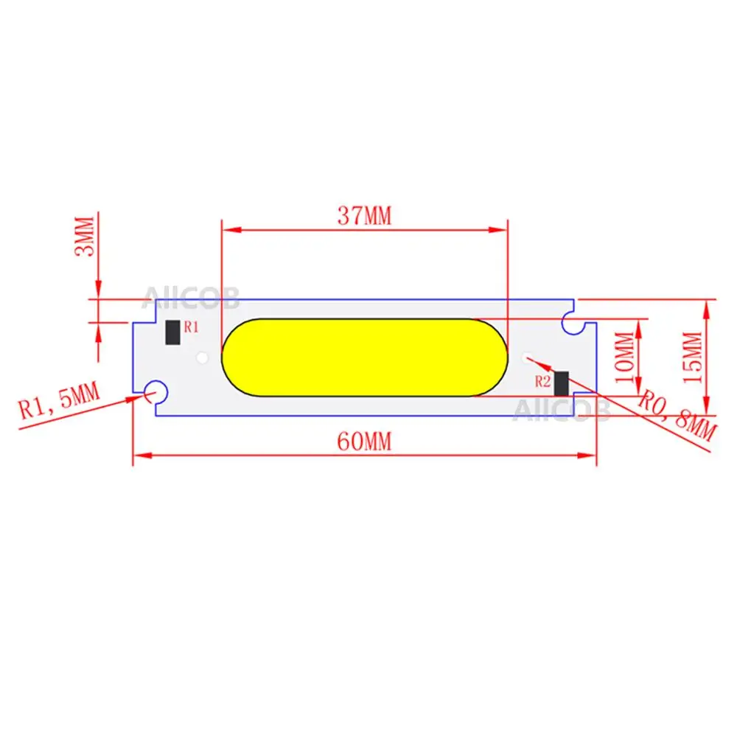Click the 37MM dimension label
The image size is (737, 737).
coord(364,216)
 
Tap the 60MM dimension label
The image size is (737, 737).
coord(364,441)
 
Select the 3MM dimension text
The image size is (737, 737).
coord(85,236)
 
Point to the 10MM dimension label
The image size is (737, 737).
coord(625,357)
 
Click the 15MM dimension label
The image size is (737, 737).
coord(692,357)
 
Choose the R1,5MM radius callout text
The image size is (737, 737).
coord(59,400)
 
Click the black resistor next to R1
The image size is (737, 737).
coord(173,332)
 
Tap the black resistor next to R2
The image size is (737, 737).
coord(561,383)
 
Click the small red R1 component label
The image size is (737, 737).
coord(192,326)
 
